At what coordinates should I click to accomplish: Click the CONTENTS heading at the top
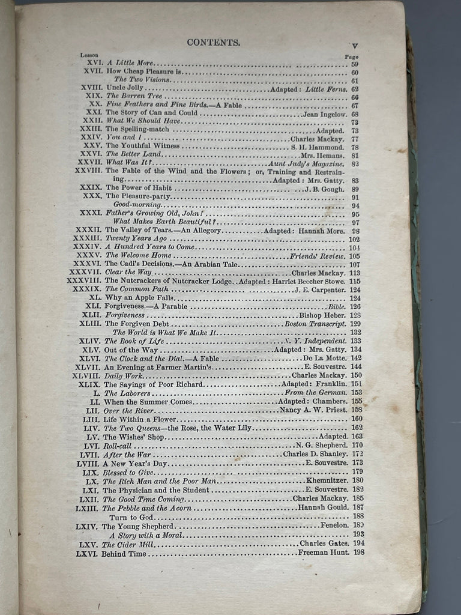point(214,42)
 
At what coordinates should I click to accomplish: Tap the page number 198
point(360,553)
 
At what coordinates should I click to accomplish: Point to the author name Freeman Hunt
point(324,553)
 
